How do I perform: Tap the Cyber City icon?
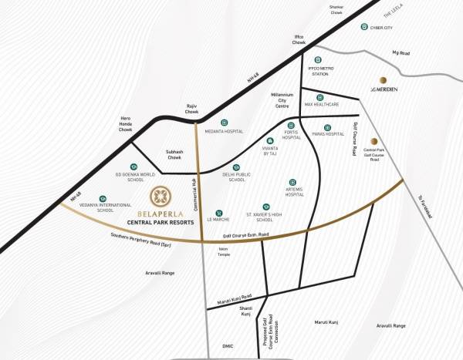pos(363,27)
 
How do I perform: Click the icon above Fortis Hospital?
pos(291,125)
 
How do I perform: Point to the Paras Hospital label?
pos(327,134)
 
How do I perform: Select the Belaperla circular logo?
pos(161,194)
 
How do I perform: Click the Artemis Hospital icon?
pos(291,182)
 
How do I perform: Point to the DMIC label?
pos(225,345)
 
